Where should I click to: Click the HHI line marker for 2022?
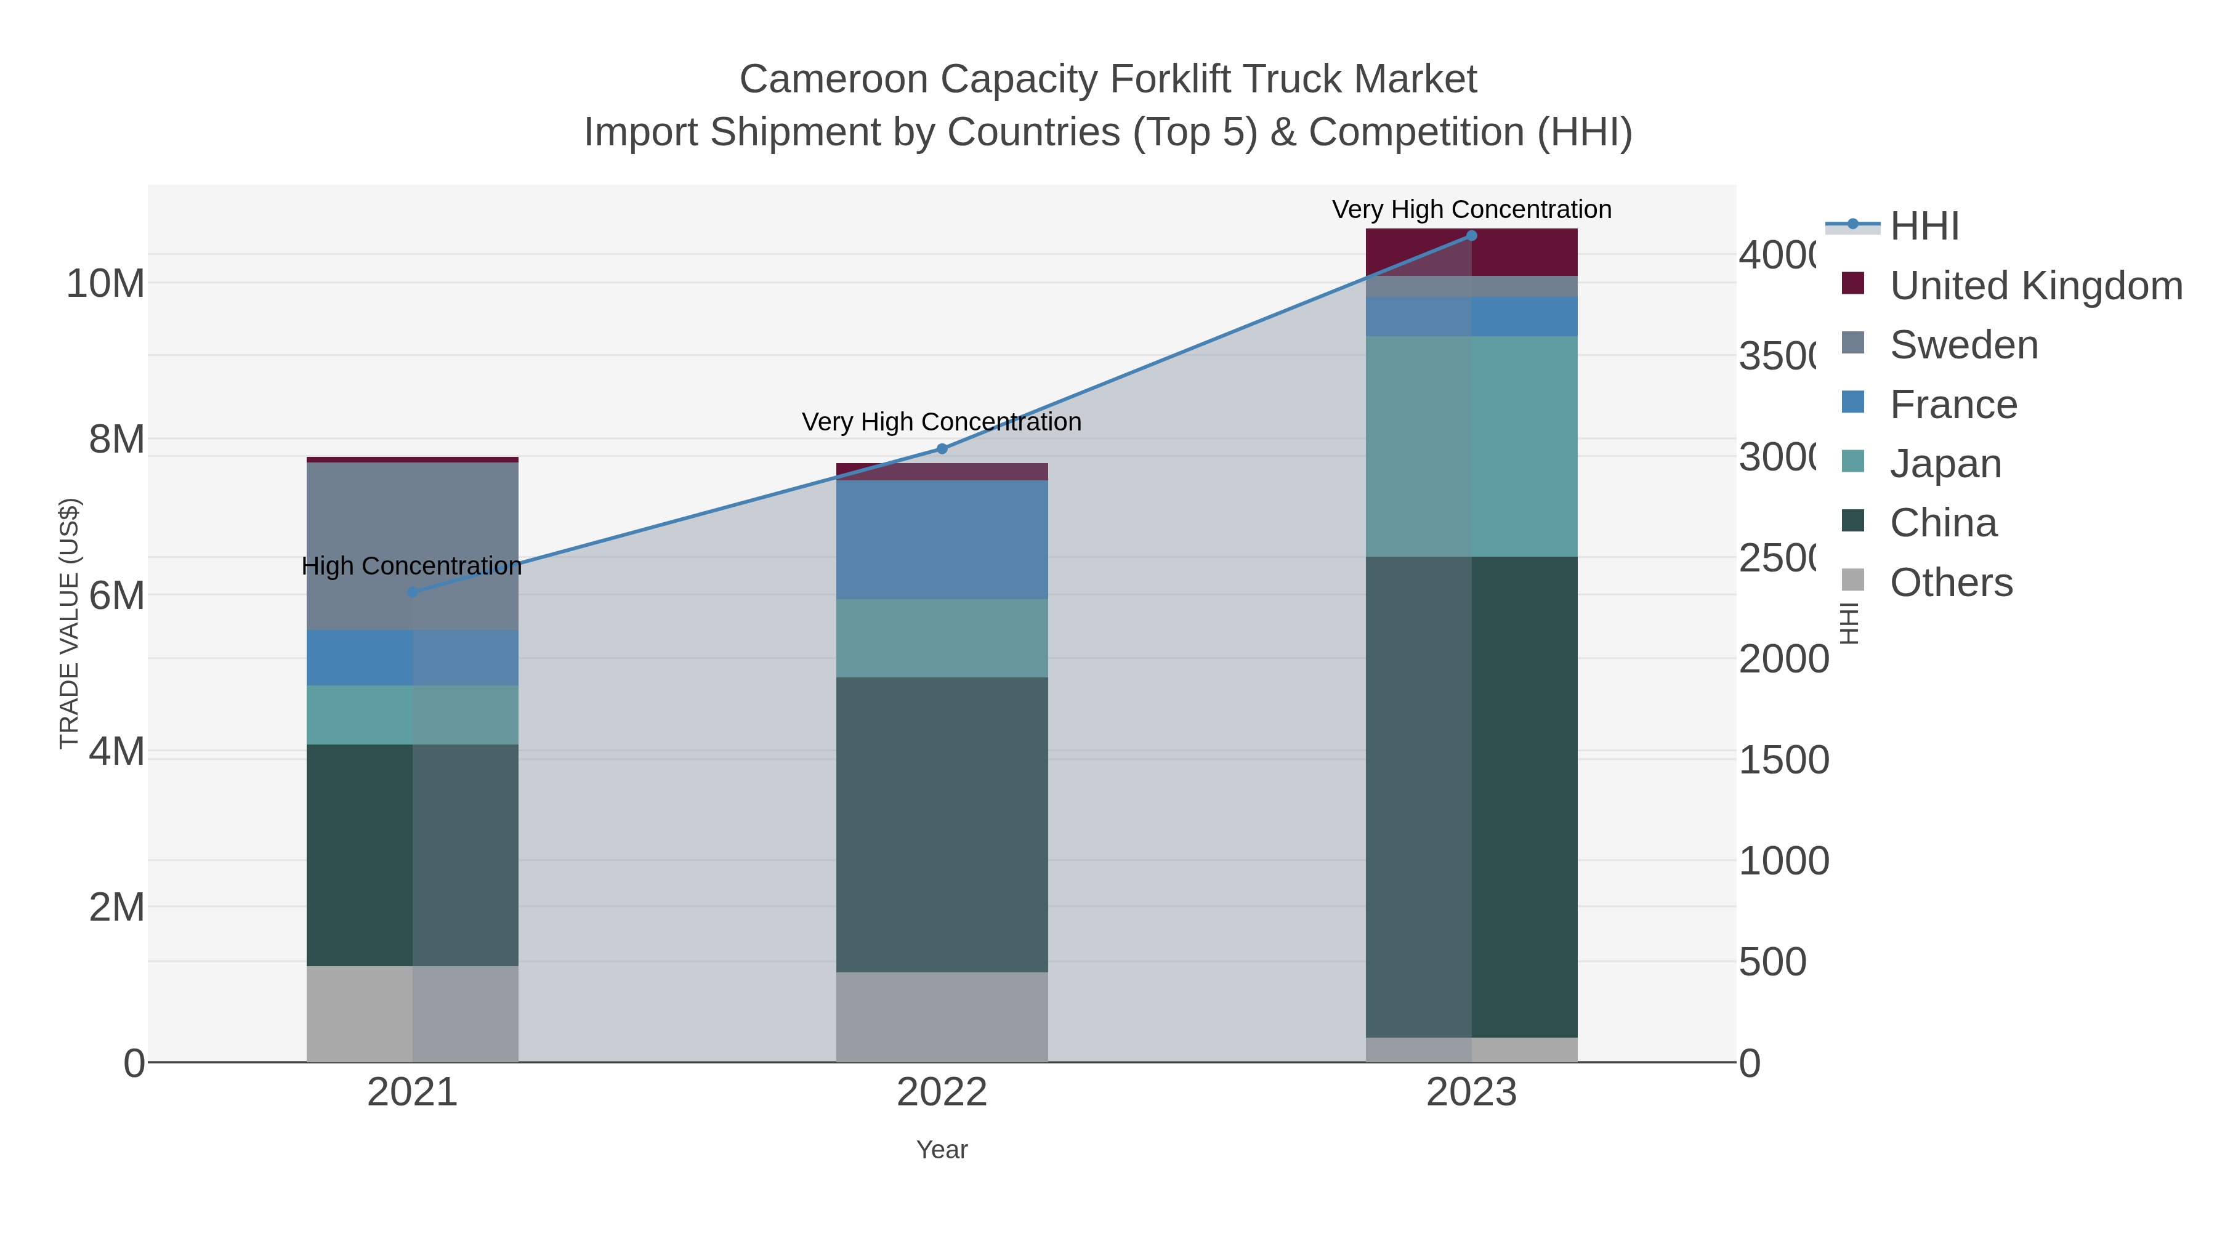tap(942, 448)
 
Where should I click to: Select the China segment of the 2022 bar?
tap(942, 825)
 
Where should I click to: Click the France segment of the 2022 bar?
tap(942, 539)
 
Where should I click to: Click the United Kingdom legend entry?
tap(2035, 286)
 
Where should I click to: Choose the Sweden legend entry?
tap(1963, 345)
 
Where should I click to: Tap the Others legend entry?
tap(1950, 583)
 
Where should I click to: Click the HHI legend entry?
tap(1924, 227)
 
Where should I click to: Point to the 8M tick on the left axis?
tap(117, 439)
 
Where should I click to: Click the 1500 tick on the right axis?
tap(1783, 760)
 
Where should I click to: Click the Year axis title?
tap(942, 1150)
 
